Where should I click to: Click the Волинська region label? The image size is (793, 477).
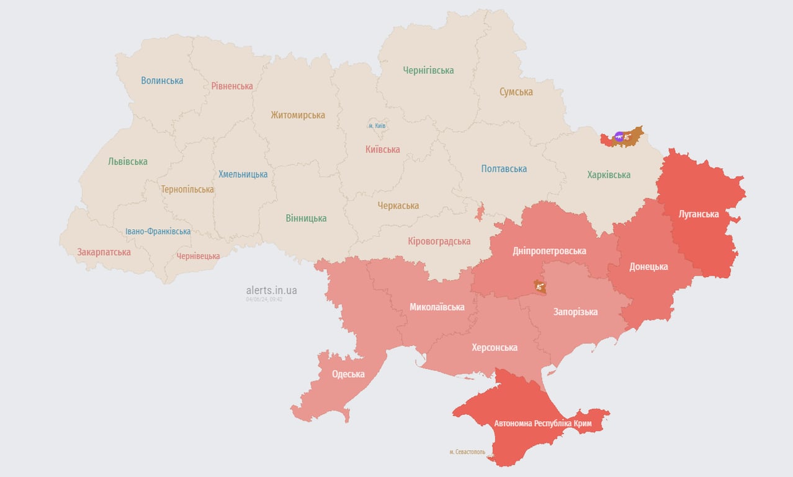pos(162,80)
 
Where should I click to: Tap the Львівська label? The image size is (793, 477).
pos(128,161)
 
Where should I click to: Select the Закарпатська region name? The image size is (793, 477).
pos(104,252)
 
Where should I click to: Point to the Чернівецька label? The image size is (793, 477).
pos(198,256)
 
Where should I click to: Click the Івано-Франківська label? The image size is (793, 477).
pos(158,232)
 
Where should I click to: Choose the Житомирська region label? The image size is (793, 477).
pos(298,115)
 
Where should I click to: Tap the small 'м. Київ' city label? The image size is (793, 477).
pos(377,125)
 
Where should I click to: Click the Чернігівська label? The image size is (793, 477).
pos(428,70)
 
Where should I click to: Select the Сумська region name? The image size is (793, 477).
pos(516,92)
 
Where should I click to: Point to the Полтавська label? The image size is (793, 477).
pos(504,169)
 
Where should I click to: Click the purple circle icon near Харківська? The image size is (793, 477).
pos(619,137)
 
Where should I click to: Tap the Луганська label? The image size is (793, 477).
pos(699,214)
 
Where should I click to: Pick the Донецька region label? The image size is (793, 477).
pos(648,266)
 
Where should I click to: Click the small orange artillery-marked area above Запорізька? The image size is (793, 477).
pos(540,286)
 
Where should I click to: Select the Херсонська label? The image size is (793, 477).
pos(494,347)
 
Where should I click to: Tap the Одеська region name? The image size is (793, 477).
pos(348,374)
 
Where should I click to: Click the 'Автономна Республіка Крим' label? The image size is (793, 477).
pos(542,424)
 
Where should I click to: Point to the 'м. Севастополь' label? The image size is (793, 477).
pos(468,452)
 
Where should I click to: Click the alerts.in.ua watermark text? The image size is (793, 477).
pos(271,290)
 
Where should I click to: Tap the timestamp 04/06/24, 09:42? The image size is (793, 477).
pos(264,299)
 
